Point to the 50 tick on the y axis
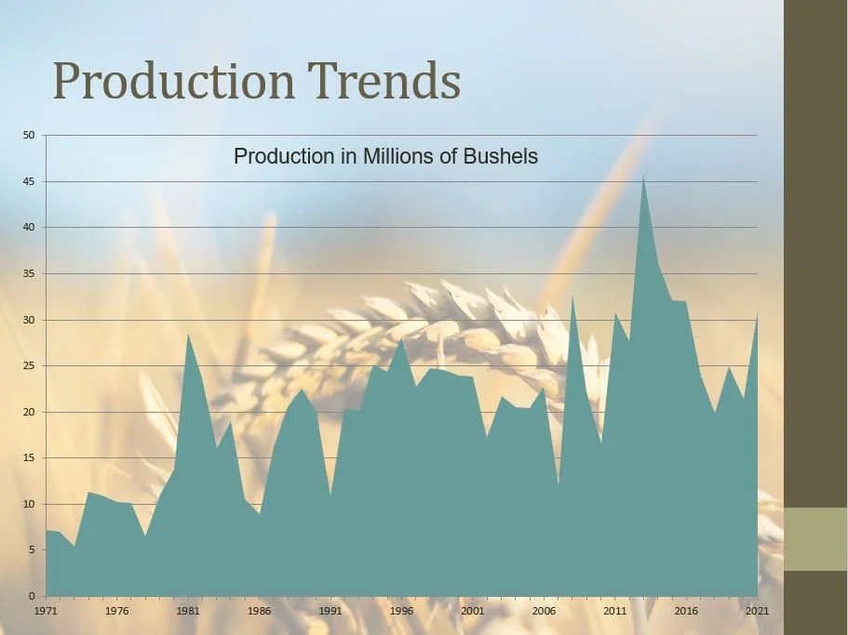tap(28, 136)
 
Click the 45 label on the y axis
tap(28, 181)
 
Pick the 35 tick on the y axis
tap(28, 273)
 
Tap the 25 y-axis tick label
tap(28, 365)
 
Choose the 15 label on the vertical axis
tap(28, 457)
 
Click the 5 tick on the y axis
tap(31, 549)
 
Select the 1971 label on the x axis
tap(46, 611)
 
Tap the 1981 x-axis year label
tap(188, 611)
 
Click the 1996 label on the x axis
tap(401, 611)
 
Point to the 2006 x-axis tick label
tap(544, 611)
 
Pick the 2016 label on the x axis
tap(686, 611)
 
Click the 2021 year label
tap(757, 611)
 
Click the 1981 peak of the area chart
tap(188, 336)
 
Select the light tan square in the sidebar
tap(815, 539)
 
